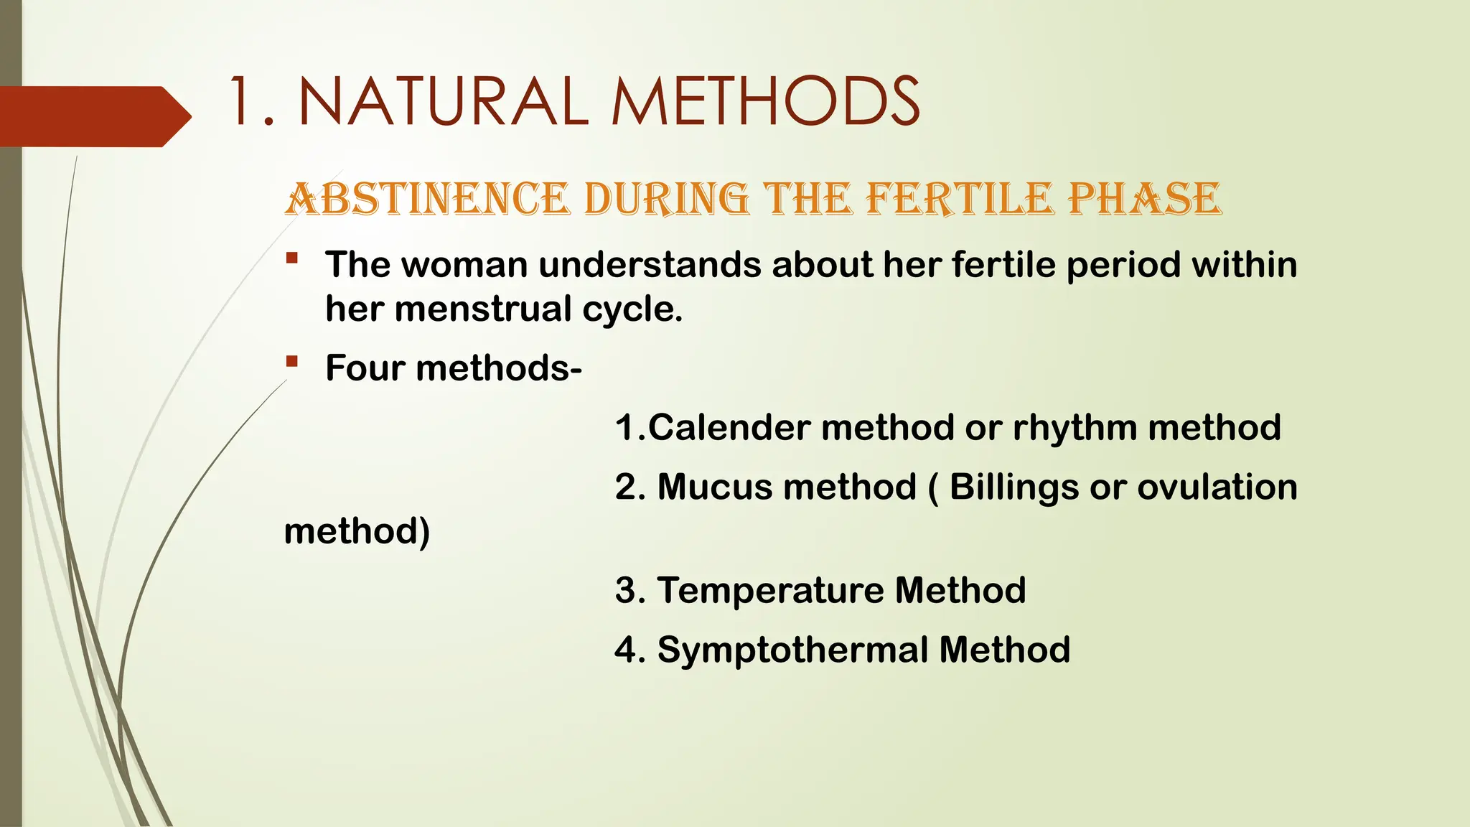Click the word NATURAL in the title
(444, 102)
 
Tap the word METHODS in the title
(765, 102)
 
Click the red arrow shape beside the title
(93, 116)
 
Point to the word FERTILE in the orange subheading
(960, 199)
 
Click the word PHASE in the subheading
(1144, 199)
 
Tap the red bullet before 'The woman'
(291, 258)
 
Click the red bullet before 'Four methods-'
(291, 361)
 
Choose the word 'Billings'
(1014, 488)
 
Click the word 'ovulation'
(1217, 487)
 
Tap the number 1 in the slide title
(241, 102)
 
